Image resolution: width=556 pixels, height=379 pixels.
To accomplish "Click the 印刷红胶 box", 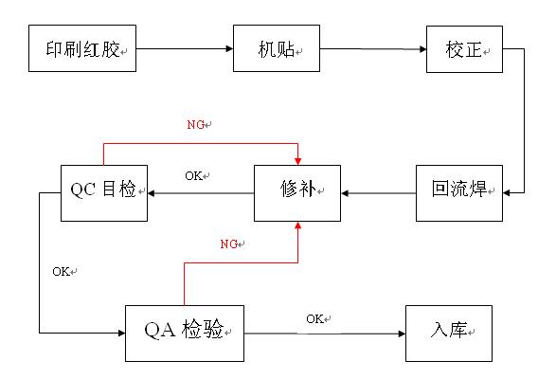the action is point(82,48).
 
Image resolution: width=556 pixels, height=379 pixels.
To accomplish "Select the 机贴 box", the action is point(277,48).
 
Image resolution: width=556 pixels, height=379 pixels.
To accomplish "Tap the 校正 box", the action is point(464,49).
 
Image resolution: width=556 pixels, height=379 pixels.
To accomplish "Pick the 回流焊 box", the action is point(459,193).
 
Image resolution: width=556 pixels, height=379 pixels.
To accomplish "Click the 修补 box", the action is point(297,193).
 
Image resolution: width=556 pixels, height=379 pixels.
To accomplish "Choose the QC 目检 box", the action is point(104,193).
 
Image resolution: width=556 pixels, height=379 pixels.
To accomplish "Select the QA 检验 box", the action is point(185,334).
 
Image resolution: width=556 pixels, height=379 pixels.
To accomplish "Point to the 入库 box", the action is point(449,334).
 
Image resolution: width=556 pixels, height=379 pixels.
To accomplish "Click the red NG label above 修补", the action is point(196,124).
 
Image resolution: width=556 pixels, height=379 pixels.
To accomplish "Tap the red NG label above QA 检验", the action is point(228,244).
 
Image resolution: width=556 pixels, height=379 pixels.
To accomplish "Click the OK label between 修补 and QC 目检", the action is point(193,175).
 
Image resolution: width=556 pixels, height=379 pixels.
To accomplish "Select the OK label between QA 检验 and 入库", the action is point(314,318).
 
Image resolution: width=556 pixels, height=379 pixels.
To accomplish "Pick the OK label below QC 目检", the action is point(61,272).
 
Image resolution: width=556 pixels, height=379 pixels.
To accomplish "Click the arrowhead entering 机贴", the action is point(229,48).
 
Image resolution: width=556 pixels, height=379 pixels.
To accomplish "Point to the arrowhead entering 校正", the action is point(422,49).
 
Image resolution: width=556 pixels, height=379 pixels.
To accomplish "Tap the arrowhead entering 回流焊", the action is point(507,193).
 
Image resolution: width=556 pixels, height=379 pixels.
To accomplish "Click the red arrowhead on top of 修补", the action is point(297,161).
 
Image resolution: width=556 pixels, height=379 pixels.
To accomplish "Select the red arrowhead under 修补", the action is point(297,225).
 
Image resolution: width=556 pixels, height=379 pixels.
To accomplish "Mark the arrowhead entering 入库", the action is point(402,334).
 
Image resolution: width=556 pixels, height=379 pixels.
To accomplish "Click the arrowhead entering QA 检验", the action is point(121,333).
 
